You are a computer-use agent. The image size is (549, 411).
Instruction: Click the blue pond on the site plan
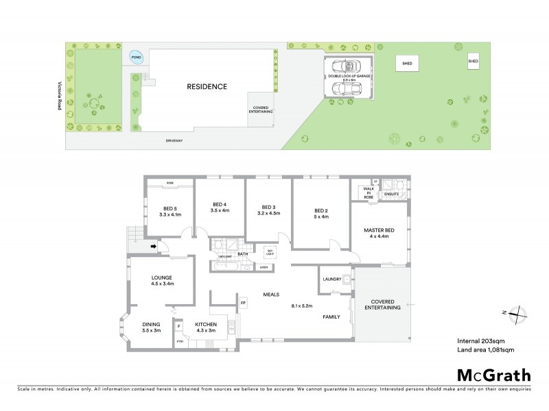click(x=137, y=58)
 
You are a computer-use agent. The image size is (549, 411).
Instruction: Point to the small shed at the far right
click(x=474, y=61)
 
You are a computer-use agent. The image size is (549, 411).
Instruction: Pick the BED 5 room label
click(x=171, y=210)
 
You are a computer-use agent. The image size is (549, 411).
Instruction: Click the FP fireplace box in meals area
click(x=243, y=302)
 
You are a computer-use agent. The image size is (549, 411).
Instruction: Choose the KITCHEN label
click(x=205, y=325)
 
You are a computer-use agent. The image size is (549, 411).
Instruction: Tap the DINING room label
click(x=152, y=325)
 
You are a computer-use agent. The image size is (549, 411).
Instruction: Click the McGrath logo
click(x=493, y=375)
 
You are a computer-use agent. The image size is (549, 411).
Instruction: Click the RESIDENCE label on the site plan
click(x=207, y=87)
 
